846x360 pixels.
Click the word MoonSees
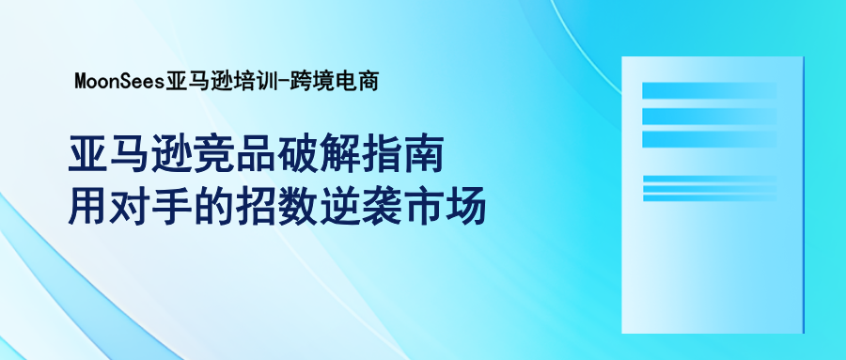[x=118, y=82]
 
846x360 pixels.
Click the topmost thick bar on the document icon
[x=710, y=90]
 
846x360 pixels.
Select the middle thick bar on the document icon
[x=710, y=115]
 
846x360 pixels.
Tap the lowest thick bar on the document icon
[x=710, y=139]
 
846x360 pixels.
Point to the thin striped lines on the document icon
[x=710, y=188]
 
